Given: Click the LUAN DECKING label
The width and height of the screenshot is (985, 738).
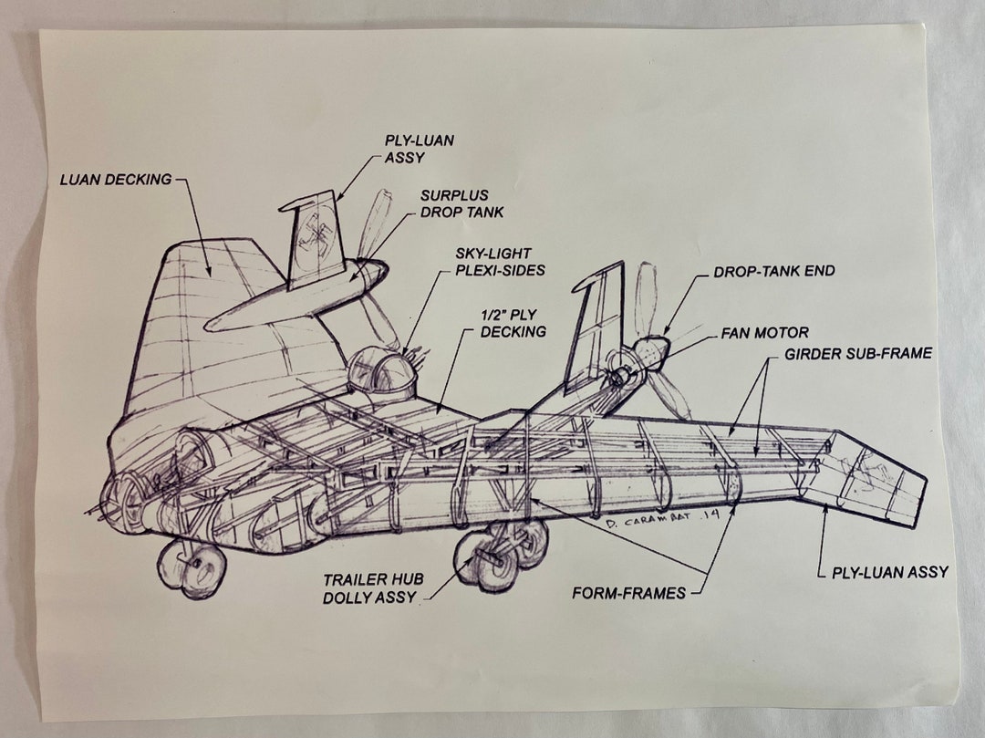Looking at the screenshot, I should tap(116, 180).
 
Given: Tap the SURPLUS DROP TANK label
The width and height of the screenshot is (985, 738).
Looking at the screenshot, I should tap(461, 203).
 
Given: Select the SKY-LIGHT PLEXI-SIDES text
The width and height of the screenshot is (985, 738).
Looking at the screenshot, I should tap(501, 261).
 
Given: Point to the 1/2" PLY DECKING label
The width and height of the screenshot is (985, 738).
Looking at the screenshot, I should tap(513, 323).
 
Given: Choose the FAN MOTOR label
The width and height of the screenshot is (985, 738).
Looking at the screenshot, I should tap(764, 333).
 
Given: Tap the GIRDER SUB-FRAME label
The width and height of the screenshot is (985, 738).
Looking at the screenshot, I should tap(858, 353).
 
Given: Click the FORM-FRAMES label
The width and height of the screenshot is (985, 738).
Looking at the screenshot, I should tap(628, 593).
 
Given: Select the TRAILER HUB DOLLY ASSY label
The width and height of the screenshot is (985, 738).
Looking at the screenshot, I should tap(369, 588).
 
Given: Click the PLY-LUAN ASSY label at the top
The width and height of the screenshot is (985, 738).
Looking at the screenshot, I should tap(419, 149).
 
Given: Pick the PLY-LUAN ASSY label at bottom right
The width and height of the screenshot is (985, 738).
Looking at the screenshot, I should tap(889, 573).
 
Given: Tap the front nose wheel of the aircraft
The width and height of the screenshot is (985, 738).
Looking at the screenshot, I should tap(192, 567).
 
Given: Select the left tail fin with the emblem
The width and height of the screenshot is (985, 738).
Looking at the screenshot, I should tap(316, 234).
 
